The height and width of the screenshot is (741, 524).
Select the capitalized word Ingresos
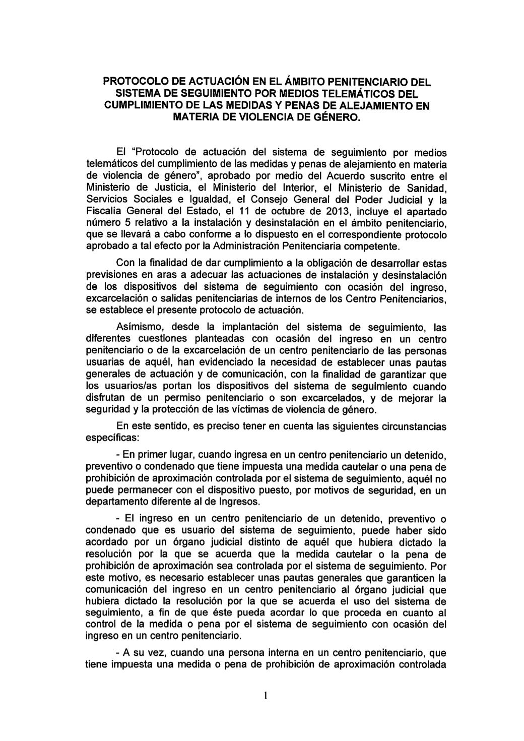[x=238, y=502]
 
